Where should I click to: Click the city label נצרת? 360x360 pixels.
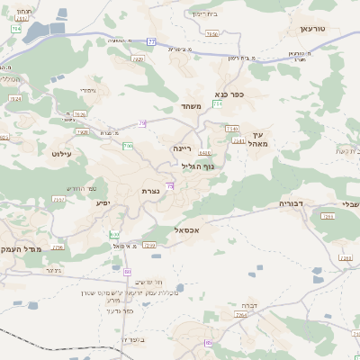(x=150, y=191)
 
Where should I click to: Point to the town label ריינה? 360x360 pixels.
(x=183, y=147)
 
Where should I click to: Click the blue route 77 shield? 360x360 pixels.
(x=152, y=41)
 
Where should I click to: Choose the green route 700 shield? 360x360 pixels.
(x=129, y=146)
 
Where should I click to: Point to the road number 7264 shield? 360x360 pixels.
(x=242, y=315)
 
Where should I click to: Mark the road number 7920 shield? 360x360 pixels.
(x=138, y=58)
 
